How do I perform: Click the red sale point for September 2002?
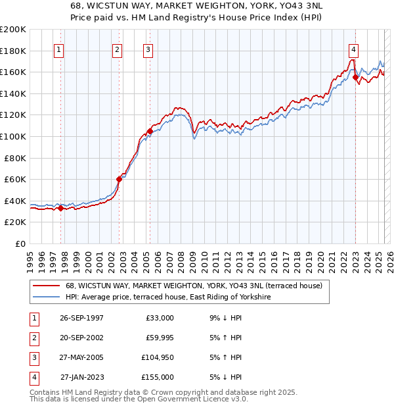click(x=120, y=179)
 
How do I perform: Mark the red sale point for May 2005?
click(x=150, y=131)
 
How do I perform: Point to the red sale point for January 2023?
click(x=355, y=77)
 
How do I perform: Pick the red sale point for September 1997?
click(x=61, y=208)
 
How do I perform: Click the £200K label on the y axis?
click(x=13, y=30)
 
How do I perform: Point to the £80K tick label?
click(x=15, y=158)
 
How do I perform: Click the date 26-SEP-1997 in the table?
click(x=81, y=318)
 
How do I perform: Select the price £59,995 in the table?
click(x=158, y=338)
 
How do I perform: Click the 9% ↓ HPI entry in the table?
click(x=226, y=318)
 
